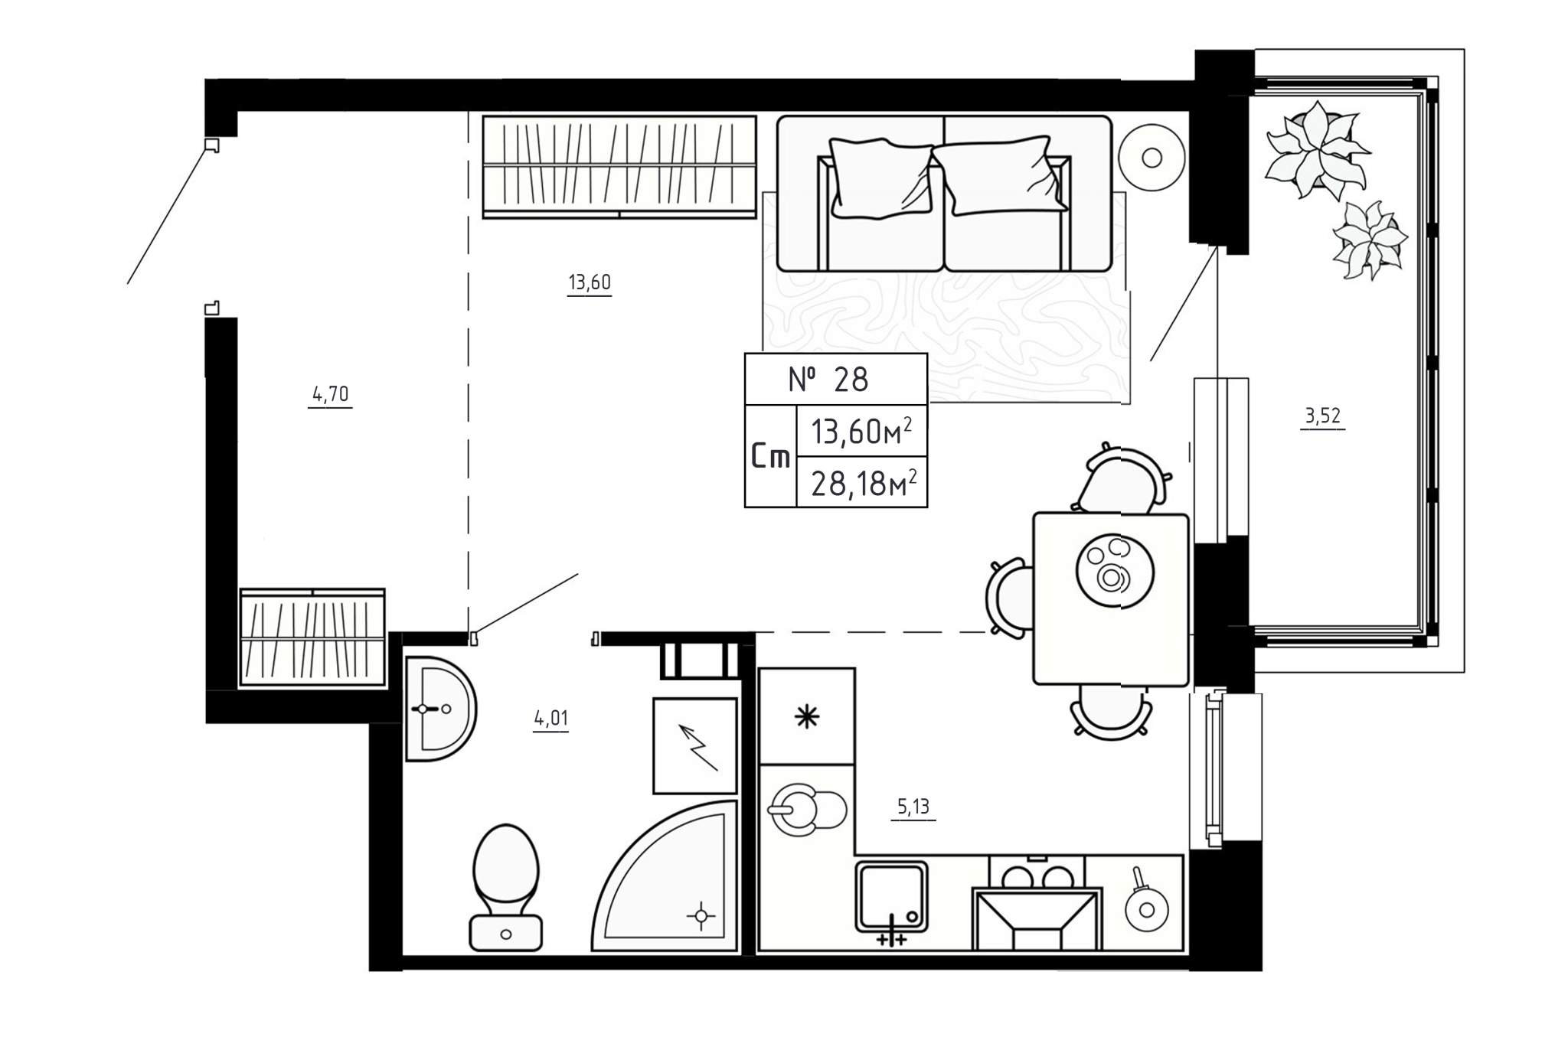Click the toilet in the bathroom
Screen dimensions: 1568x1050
tap(505, 888)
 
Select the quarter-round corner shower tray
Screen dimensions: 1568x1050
tap(665, 876)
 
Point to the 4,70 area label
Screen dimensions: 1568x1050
tap(331, 394)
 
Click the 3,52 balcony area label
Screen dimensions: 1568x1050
tap(1323, 416)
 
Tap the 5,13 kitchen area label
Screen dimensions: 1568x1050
tap(913, 806)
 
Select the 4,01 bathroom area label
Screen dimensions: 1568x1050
tap(551, 718)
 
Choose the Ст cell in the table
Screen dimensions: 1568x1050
tap(770, 457)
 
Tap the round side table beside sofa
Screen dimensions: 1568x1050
tap(1151, 158)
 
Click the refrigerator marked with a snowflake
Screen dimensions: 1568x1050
tap(806, 716)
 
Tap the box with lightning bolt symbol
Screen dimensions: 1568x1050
tap(694, 746)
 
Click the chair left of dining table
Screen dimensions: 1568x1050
tap(1008, 598)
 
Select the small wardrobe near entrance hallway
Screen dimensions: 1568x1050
tap(312, 637)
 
